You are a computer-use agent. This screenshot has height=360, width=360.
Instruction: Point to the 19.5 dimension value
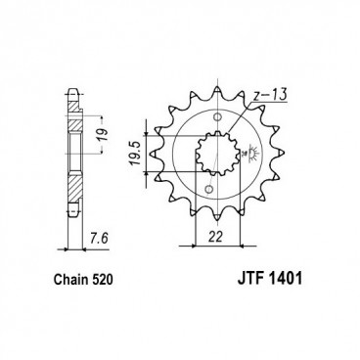click(133, 154)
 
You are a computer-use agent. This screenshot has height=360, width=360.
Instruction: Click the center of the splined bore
click(215, 155)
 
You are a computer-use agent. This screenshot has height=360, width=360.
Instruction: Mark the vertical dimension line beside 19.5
click(147, 155)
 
